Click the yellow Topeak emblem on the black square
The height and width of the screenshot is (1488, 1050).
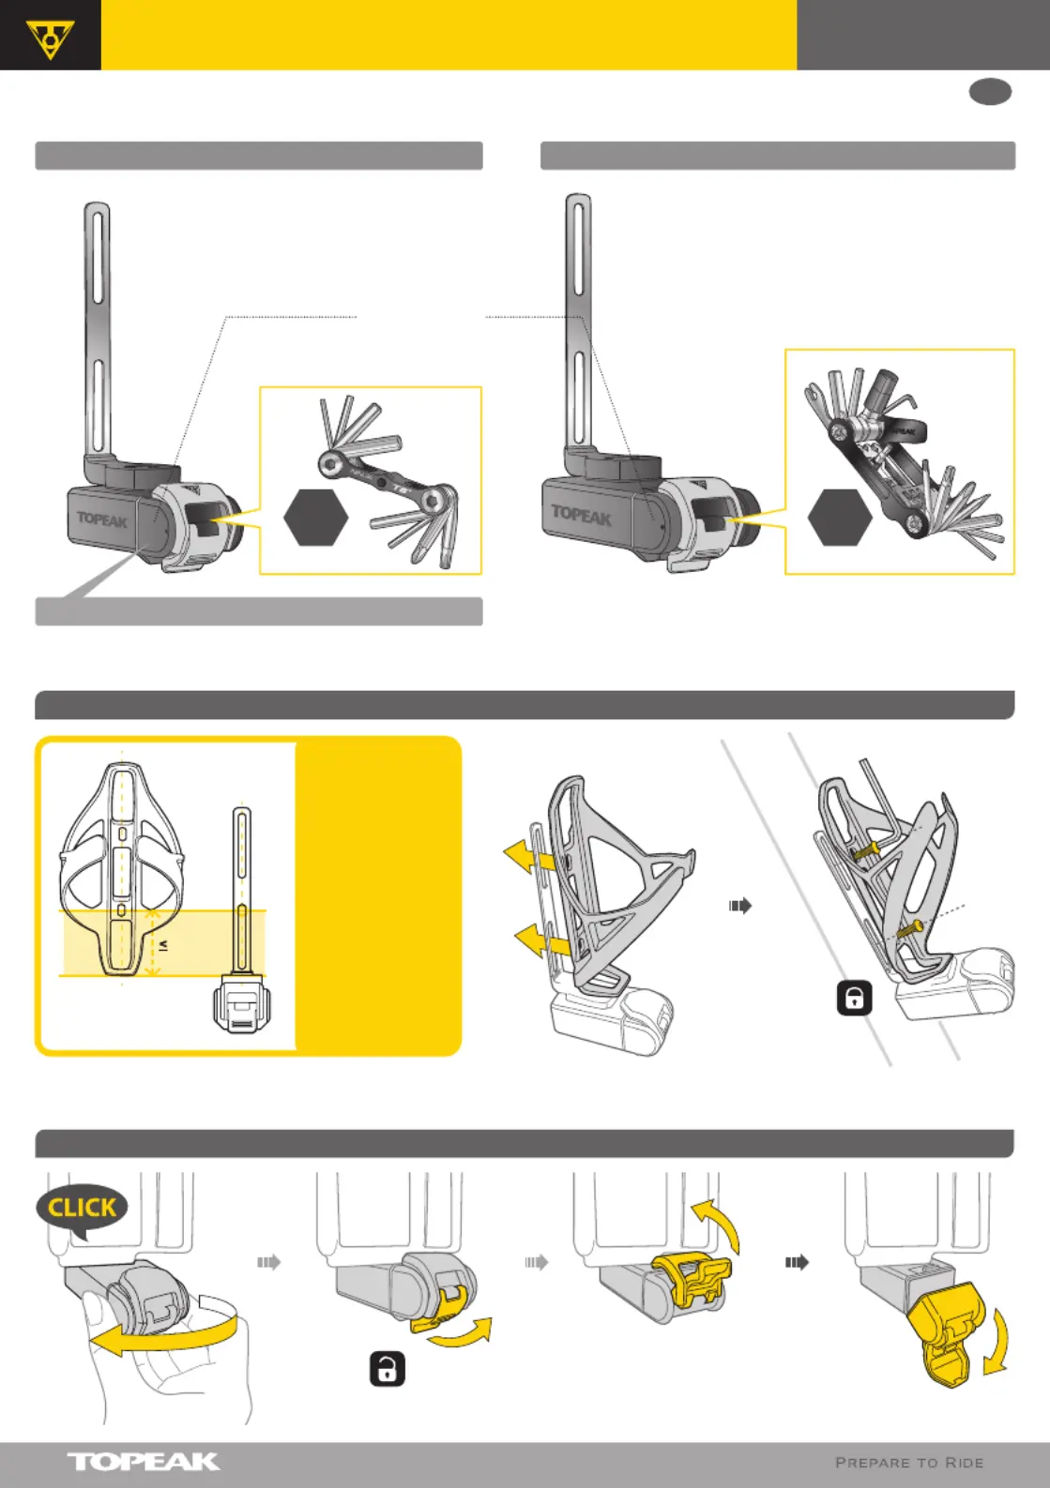(50, 38)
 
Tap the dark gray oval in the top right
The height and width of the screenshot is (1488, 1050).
(990, 92)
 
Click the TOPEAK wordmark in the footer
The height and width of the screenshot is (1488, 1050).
(143, 1462)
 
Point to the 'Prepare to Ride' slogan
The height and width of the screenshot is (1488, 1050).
(908, 1463)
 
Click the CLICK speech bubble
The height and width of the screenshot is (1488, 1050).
(82, 1209)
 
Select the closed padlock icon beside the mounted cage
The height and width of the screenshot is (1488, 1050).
(854, 999)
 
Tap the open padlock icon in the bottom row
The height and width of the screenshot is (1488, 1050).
(387, 1370)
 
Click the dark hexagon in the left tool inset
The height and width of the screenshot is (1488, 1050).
(316, 517)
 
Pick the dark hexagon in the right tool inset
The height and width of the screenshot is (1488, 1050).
(840, 517)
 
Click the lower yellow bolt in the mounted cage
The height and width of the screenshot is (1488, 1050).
(908, 929)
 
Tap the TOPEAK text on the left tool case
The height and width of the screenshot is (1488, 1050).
(102, 519)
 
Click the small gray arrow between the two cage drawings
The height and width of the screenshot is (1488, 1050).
(740, 906)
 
